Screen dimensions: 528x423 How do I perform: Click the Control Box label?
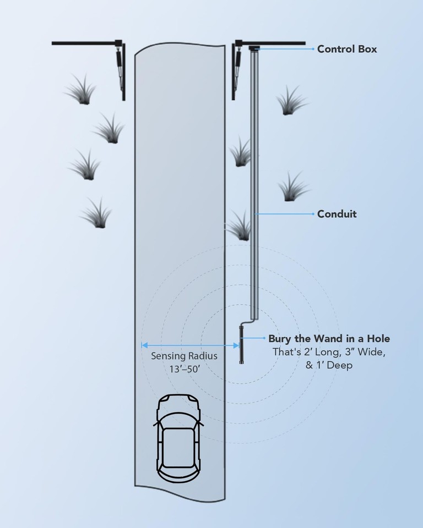pos(347,49)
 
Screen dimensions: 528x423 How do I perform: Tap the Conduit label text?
pos(337,214)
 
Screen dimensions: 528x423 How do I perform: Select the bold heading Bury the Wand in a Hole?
pos(329,339)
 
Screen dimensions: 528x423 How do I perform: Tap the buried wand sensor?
pos(241,345)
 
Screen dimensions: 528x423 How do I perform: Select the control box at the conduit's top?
pos(254,49)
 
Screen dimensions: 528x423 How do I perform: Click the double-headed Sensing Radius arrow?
pos(190,345)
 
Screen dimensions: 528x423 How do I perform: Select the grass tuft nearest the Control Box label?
pos(290,101)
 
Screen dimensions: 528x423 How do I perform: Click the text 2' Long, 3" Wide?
pos(329,353)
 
